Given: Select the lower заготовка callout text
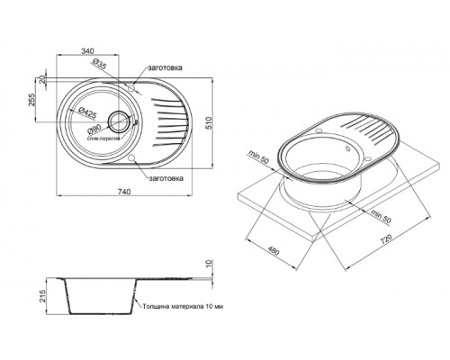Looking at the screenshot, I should [x=167, y=178].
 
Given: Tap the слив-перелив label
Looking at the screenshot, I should [x=101, y=140].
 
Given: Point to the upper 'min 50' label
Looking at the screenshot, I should [x=261, y=159].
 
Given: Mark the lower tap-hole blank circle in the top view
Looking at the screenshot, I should [x=132, y=159].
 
